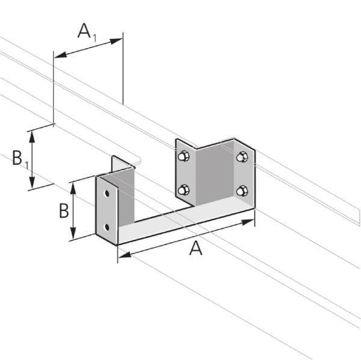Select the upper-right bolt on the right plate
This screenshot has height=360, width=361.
tap(242, 157)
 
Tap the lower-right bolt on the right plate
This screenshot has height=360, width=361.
tap(242, 191)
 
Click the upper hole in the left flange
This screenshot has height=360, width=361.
tap(106, 195)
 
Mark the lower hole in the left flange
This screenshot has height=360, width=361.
tap(106, 227)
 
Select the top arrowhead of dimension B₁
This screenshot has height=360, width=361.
tap(34, 133)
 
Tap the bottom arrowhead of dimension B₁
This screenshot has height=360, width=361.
tap(34, 183)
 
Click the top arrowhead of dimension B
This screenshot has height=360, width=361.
tap(73, 187)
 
